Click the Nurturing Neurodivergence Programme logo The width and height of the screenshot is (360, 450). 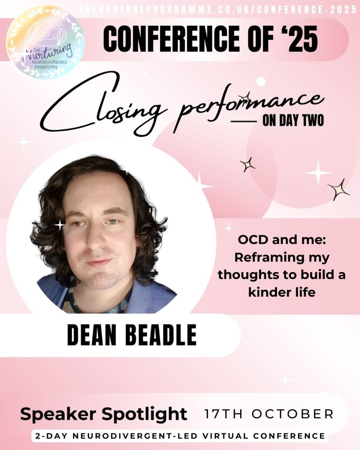45,43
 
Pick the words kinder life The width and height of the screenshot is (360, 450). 282,292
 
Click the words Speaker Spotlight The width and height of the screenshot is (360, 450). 104,414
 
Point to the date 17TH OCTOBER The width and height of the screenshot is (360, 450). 269,414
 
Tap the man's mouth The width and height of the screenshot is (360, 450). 99,262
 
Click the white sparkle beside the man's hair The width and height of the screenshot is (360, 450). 59,225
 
